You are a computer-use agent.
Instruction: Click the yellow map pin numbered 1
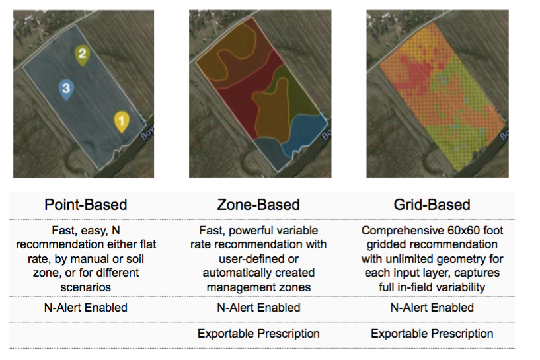[122, 121]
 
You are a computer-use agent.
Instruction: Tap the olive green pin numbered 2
[83, 55]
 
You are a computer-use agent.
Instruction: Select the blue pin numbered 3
[66, 89]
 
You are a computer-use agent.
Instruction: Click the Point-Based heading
[86, 205]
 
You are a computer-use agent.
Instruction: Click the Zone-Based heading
[258, 205]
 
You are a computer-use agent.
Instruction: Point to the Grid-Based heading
[432, 205]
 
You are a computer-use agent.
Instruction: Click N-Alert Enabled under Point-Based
[86, 308]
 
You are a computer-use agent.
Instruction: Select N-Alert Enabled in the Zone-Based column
[258, 308]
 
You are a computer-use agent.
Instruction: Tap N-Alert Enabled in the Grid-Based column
[432, 308]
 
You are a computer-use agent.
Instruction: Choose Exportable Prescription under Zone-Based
[258, 334]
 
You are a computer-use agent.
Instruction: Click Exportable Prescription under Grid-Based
[432, 334]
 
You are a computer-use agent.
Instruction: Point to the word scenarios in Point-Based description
[86, 287]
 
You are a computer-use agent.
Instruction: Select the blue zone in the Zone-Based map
[303, 133]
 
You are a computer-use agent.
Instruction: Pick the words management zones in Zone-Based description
[258, 287]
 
